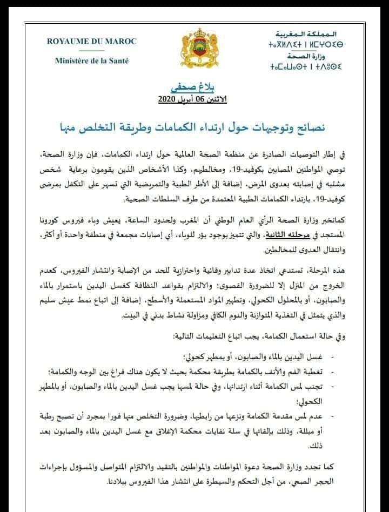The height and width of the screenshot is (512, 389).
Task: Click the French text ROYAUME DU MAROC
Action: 91,42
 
